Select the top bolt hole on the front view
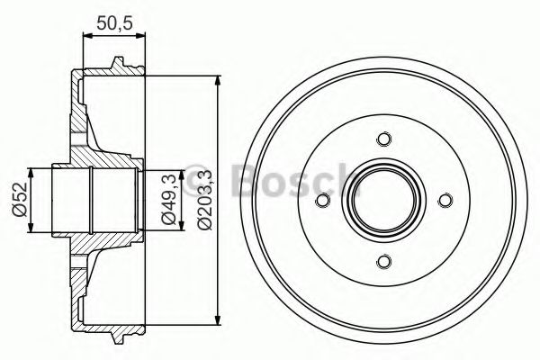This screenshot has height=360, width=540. (x=385, y=139)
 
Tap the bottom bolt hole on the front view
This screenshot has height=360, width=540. (x=385, y=261)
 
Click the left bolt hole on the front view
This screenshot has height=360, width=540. (x=325, y=201)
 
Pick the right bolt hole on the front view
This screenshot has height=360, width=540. (x=445, y=201)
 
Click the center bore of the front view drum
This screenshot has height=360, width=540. (x=385, y=201)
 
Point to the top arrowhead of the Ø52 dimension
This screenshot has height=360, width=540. (x=32, y=171)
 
